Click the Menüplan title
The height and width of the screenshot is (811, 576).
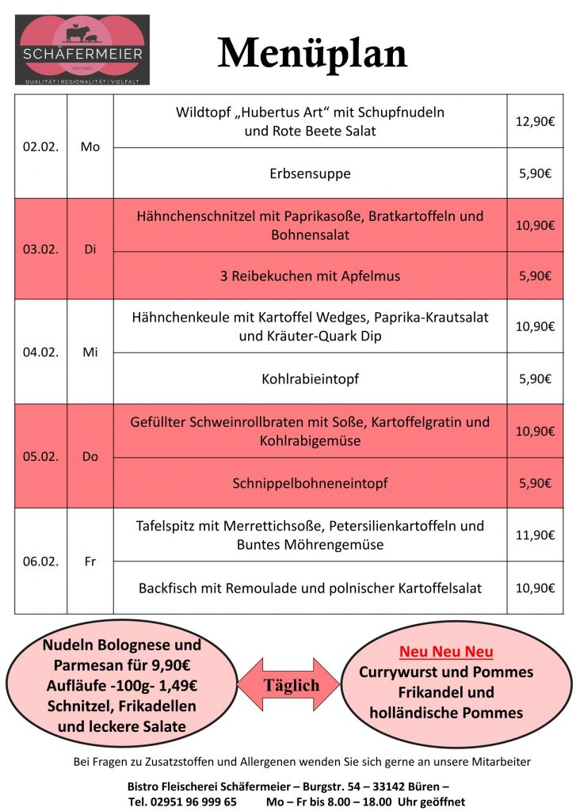coord(312,54)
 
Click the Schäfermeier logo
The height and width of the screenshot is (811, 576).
coord(82,49)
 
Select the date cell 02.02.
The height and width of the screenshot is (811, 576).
coord(40,147)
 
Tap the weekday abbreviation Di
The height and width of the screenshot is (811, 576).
coord(90,249)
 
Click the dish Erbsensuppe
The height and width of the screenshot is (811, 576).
coord(310,173)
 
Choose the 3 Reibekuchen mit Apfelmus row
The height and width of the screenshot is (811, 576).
coord(310,276)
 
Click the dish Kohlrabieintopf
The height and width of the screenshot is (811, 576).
coord(310,379)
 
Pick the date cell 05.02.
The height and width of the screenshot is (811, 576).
coord(40,456)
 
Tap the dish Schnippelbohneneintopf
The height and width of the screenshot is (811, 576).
coord(310,483)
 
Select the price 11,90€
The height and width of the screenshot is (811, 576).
coord(535,535)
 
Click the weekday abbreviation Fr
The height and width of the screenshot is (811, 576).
coord(90,562)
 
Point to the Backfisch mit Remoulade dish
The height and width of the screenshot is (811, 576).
coord(310,588)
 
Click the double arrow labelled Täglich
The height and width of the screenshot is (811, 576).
coord(288,685)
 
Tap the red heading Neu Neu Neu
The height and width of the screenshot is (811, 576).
coord(446,652)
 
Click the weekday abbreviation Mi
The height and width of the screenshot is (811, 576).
coord(90,352)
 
